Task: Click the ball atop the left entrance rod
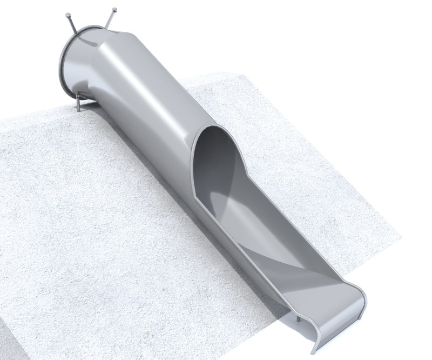(x=67, y=15)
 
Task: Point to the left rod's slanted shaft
(x=72, y=24)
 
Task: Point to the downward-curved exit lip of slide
(x=340, y=314)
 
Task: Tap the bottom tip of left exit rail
(x=315, y=351)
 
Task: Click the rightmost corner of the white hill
(x=402, y=236)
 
